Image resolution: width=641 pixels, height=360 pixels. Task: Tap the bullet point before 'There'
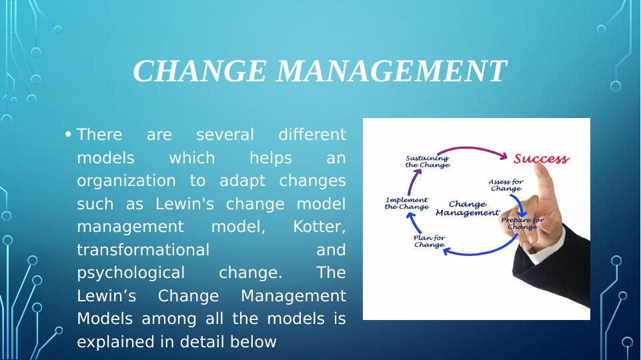pos(69,135)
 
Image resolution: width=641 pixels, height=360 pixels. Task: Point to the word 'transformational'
pos(143,250)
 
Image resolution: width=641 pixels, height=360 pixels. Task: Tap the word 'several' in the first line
pos(225,135)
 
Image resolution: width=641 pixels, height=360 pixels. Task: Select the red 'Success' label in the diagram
pos(541,159)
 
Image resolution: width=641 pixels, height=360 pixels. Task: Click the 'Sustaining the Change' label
pos(427,161)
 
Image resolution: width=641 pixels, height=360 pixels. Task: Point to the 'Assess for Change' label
pos(506,185)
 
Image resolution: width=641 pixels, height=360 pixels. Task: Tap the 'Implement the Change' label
pos(407,203)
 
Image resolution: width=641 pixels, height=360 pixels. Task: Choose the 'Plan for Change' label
pos(429,241)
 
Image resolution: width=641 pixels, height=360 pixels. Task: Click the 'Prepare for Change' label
pos(522,223)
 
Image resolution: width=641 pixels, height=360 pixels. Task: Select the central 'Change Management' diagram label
pos(467,208)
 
